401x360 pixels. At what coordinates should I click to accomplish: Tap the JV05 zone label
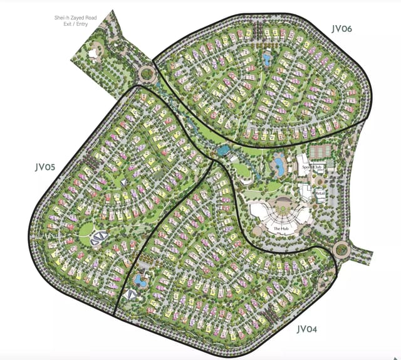tap(46, 167)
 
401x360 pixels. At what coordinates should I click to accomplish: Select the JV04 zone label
tap(311, 329)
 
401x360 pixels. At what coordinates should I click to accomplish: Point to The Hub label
tap(280, 229)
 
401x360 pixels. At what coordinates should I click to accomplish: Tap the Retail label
tap(320, 194)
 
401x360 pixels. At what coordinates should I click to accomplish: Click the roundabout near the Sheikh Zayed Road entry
tap(147, 75)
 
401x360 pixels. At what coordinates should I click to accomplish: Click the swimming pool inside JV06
tap(268, 60)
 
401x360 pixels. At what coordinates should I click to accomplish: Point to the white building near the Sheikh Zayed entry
tap(96, 54)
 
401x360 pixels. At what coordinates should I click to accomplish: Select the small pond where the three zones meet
tap(222, 151)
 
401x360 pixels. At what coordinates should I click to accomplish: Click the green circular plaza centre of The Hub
tap(281, 209)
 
